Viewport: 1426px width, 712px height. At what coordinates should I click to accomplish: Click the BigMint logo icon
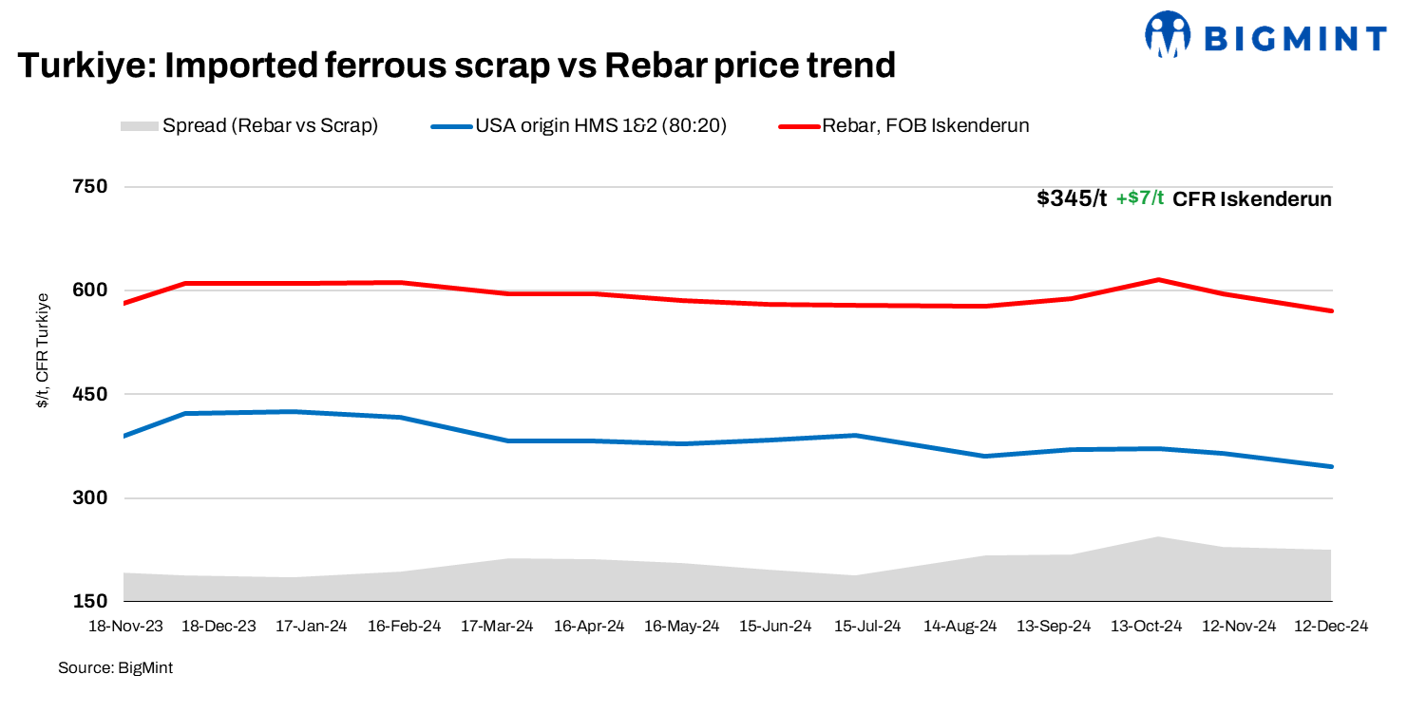[x=1168, y=36]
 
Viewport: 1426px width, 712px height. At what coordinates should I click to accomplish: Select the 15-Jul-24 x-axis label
[x=866, y=627]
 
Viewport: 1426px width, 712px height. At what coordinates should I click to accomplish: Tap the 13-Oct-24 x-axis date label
[x=1146, y=627]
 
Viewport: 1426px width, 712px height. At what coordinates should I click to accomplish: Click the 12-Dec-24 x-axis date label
[x=1331, y=627]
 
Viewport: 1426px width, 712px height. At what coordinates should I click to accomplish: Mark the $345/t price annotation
[x=1072, y=199]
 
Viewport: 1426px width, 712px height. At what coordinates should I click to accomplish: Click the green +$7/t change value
[x=1140, y=199]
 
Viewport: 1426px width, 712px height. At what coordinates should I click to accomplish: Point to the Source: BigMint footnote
[x=116, y=668]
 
